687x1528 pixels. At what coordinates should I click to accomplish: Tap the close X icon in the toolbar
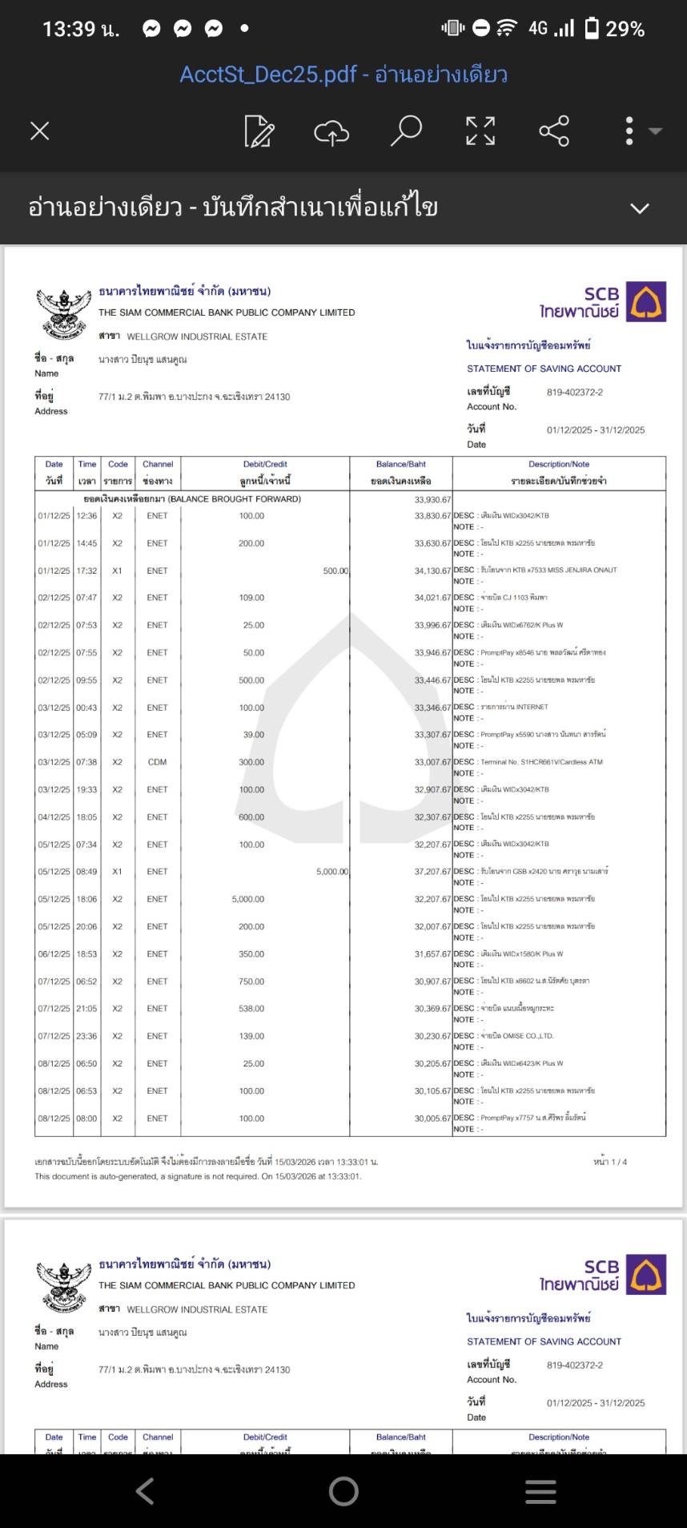[x=40, y=131]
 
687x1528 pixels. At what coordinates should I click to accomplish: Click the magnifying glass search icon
[x=406, y=130]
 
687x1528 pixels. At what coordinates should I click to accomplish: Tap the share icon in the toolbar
[x=554, y=131]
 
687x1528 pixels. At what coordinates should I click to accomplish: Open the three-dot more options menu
[x=629, y=131]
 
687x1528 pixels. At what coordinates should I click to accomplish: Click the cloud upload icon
[x=331, y=131]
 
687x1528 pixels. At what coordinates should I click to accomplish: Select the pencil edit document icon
[x=259, y=131]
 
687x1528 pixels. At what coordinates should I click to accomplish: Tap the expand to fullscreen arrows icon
[x=480, y=131]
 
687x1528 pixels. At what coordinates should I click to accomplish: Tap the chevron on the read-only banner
[x=639, y=208]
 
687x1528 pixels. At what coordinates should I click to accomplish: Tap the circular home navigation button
[x=343, y=1490]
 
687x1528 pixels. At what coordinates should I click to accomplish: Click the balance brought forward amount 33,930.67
[x=432, y=499]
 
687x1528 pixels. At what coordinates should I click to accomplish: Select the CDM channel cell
[x=157, y=762]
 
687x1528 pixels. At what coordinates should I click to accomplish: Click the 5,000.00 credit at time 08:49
[x=331, y=872]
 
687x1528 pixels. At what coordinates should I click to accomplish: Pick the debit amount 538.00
[x=251, y=1009]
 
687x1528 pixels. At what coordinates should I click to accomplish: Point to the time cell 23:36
[x=86, y=1036]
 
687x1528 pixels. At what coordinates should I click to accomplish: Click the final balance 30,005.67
[x=432, y=1119]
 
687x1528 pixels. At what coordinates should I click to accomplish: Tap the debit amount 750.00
[x=251, y=982]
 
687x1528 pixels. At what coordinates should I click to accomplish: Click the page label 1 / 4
[x=610, y=1162]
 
